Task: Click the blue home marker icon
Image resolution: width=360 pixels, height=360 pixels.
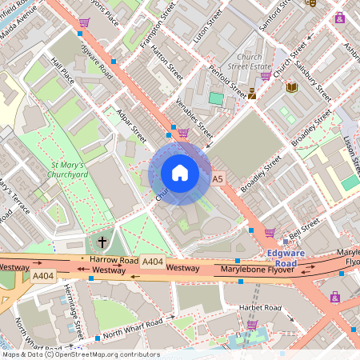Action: pos(180,173)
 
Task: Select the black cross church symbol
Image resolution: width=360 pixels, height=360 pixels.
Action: pos(102,241)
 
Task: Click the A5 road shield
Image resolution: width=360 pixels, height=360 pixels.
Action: pos(218,179)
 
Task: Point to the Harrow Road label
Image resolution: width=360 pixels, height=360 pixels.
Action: pos(114,260)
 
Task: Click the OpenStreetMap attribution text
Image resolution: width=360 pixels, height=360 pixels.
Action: pos(104,354)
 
